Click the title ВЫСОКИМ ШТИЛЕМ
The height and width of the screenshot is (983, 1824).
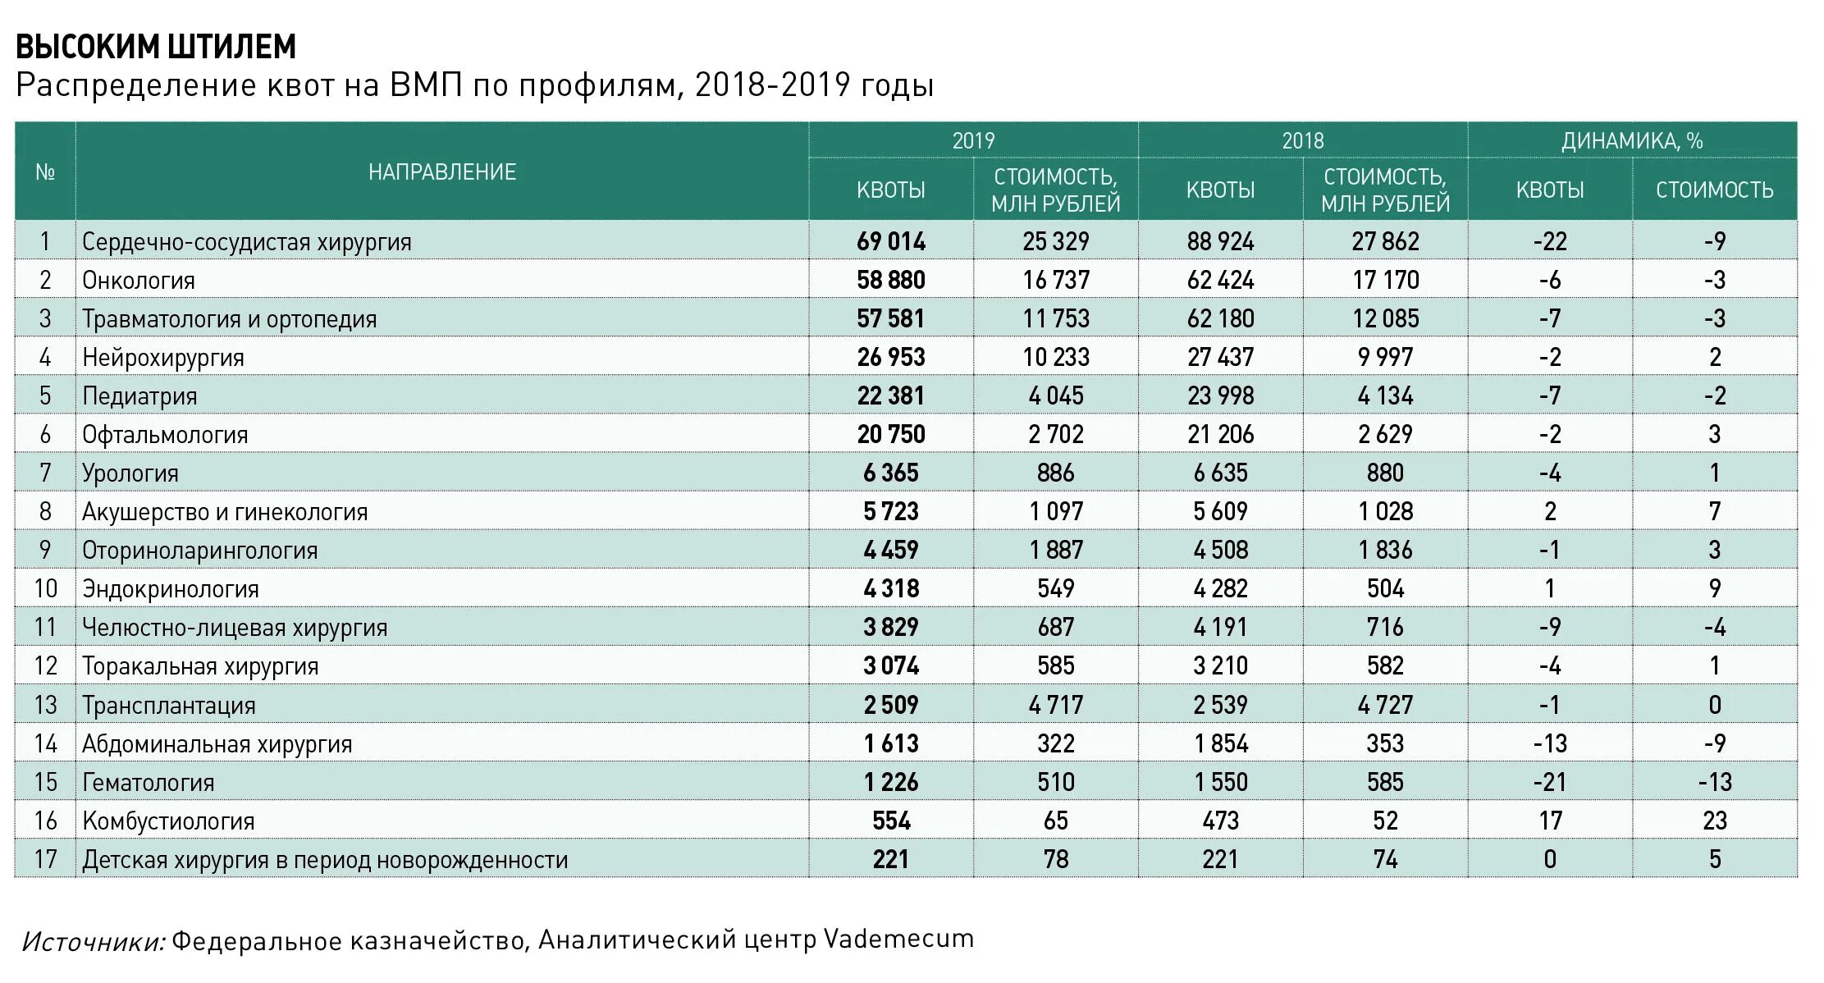(156, 47)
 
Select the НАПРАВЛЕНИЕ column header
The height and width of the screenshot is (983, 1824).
(441, 172)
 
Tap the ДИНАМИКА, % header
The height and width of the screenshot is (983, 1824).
(1631, 141)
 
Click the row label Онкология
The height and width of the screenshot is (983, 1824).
(139, 281)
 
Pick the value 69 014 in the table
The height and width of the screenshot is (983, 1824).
(891, 242)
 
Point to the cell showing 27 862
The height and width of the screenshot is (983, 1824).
(1385, 242)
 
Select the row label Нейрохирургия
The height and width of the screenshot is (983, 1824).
(163, 358)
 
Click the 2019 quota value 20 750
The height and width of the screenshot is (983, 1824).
(891, 435)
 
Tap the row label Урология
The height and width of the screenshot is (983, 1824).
(130, 473)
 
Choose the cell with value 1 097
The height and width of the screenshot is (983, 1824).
(1056, 512)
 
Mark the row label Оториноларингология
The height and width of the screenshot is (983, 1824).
(199, 551)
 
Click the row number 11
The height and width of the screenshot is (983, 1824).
(45, 628)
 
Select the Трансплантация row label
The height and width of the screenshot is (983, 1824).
(169, 706)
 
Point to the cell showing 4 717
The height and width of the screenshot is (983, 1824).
(1056, 705)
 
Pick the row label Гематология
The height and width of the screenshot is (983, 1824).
(149, 783)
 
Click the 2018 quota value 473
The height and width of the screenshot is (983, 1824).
(1220, 821)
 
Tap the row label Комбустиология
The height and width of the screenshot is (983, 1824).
(168, 821)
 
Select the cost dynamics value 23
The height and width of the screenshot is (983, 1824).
(1715, 821)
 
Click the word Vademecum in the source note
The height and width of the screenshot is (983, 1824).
(898, 939)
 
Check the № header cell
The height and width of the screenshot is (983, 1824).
(45, 172)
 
